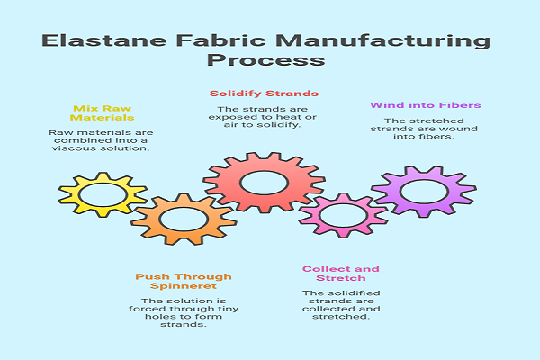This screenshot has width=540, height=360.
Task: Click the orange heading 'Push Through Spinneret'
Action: (x=171, y=281)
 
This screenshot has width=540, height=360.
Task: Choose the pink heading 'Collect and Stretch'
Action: (x=341, y=274)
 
